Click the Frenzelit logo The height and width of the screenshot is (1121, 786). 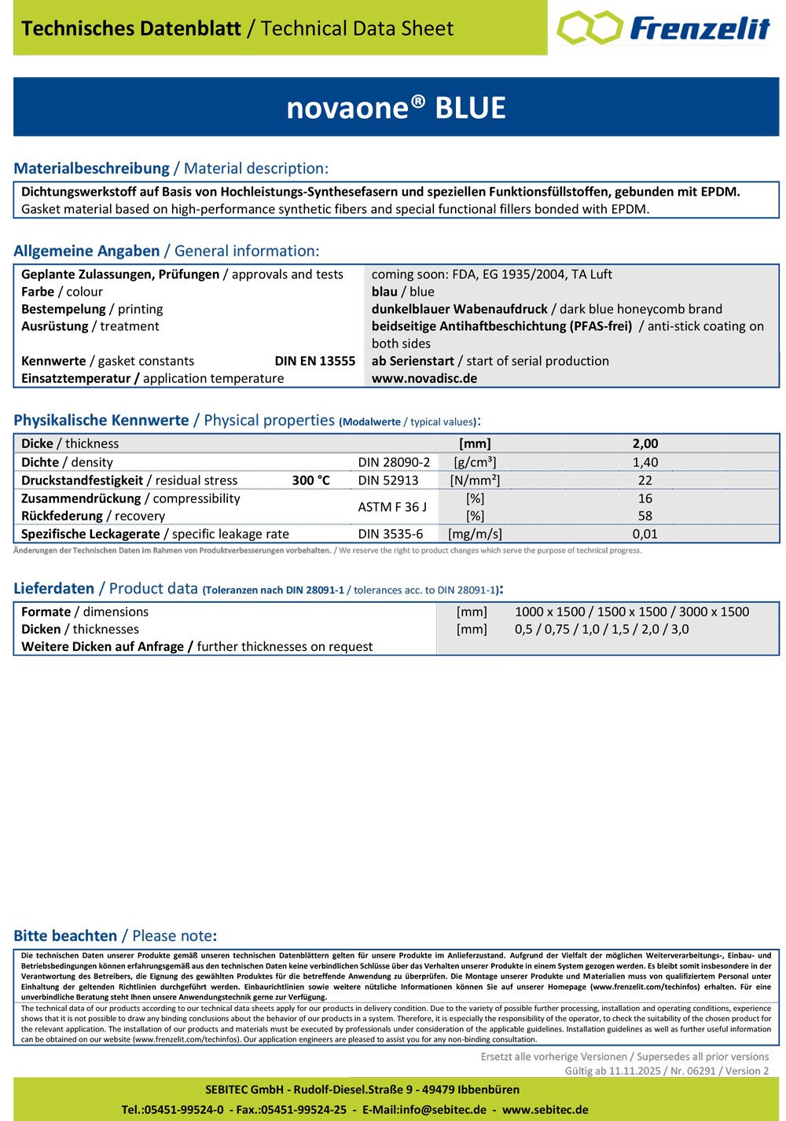[x=663, y=28]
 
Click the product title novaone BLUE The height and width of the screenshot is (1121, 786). [x=396, y=108]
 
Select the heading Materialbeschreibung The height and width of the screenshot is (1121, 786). [x=91, y=168]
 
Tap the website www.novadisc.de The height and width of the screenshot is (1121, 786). [x=424, y=378]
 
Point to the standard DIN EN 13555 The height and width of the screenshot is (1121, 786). [x=314, y=361]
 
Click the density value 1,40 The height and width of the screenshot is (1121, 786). [x=645, y=462]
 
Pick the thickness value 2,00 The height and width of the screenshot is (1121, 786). [x=645, y=443]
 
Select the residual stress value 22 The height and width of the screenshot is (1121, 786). [x=645, y=480]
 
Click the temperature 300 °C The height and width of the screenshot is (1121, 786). [x=311, y=480]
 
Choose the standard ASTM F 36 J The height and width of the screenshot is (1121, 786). [x=392, y=507]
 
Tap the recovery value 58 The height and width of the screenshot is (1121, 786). [x=645, y=516]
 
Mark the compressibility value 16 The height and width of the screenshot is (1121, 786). [x=645, y=498]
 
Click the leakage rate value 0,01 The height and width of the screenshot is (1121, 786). [x=645, y=534]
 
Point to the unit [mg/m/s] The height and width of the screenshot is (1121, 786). [x=475, y=534]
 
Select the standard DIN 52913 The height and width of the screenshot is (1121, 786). [x=388, y=480]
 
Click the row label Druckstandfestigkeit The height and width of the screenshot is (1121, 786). [x=82, y=480]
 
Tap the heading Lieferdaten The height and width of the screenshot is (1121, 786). [x=53, y=589]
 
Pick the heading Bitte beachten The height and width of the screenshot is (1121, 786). [x=65, y=935]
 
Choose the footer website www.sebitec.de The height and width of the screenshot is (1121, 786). [x=545, y=1109]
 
